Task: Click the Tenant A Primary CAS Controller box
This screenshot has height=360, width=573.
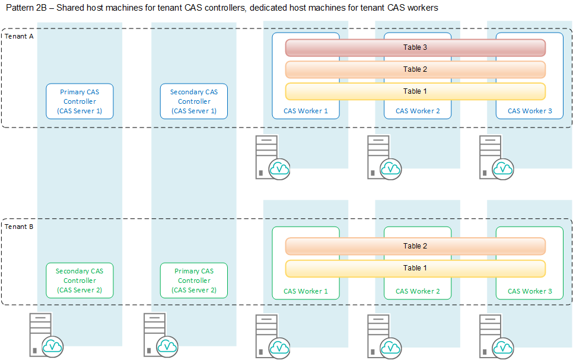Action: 79,101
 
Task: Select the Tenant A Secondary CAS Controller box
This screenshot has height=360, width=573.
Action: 194,101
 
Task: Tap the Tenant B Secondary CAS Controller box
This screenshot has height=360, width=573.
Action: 79,281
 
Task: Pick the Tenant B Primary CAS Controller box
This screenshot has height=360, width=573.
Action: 194,281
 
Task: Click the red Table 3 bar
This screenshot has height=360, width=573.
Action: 415,47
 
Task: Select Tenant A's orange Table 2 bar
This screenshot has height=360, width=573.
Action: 415,69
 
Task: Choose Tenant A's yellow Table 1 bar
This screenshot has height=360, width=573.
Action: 415,91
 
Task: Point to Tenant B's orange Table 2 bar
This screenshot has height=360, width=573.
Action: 415,246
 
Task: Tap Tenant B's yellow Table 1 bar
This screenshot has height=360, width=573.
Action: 415,268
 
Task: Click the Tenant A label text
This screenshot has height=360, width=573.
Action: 19,36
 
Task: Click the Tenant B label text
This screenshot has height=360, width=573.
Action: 19,227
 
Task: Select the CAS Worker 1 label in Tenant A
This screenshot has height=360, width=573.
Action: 305,111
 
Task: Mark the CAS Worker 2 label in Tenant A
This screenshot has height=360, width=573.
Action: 418,111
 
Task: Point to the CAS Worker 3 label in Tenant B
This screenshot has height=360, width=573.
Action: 530,291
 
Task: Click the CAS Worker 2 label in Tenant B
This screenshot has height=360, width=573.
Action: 418,291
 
